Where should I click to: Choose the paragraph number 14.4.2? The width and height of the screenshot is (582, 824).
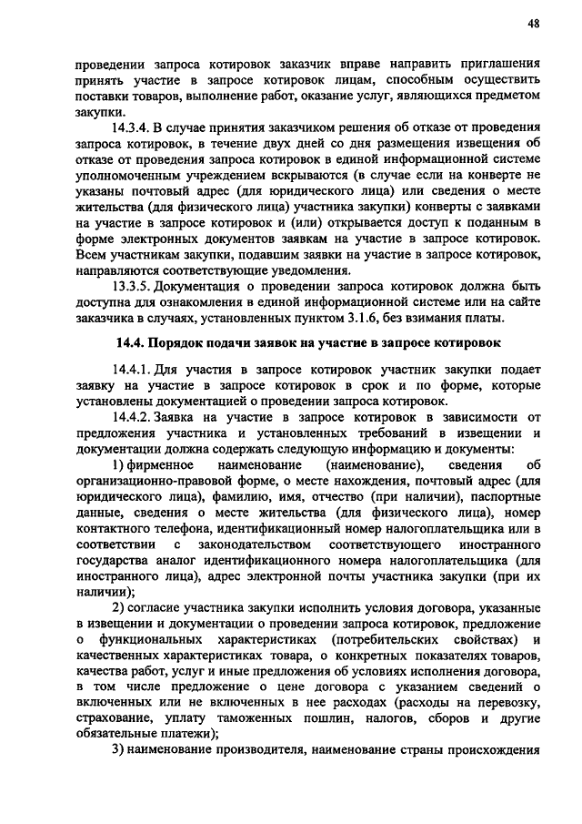pos(135,417)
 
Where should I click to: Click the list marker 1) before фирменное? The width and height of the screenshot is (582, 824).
pos(119,465)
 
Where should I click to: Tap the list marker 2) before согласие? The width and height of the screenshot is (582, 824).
pos(119,607)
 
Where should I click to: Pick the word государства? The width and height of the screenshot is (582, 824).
pos(114,560)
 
